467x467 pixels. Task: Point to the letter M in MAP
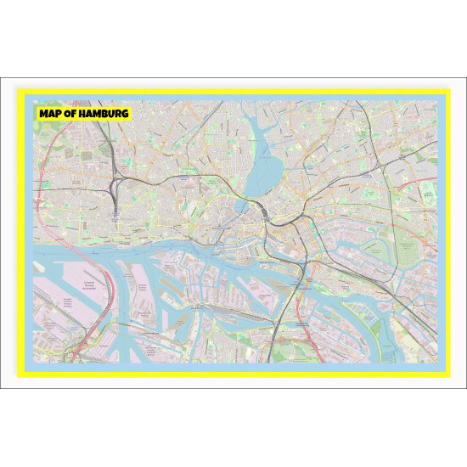pyautogui.click(x=43, y=113)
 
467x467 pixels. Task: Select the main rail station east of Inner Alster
pyautogui.click(x=268, y=212)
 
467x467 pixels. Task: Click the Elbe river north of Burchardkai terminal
pyautogui.click(x=93, y=246)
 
